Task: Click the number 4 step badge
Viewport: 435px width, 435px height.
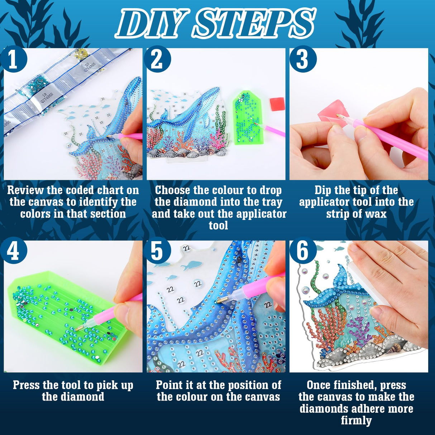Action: click(x=14, y=251)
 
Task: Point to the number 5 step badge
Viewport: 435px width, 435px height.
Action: click(x=157, y=251)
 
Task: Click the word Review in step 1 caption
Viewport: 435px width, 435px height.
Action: click(x=25, y=190)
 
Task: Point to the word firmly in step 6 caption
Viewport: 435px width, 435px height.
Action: click(x=356, y=420)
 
